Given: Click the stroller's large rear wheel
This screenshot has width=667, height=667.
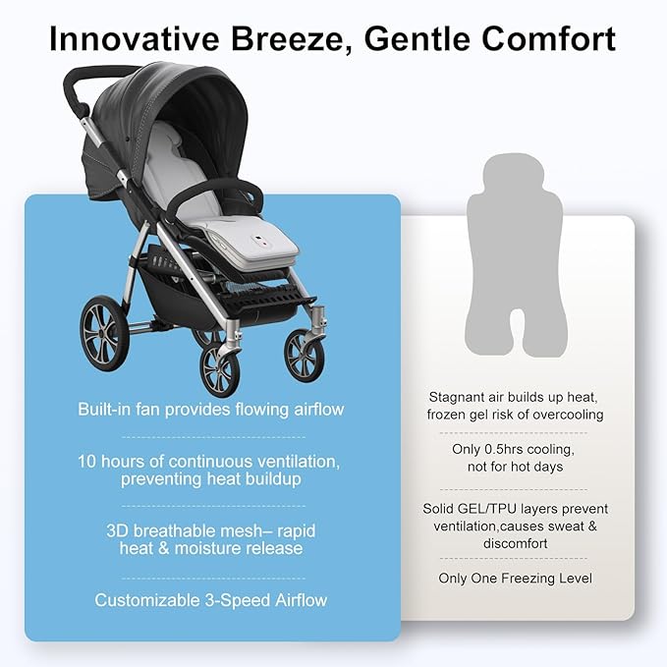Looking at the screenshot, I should [x=103, y=334].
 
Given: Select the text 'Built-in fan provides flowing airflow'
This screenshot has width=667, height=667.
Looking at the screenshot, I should [x=211, y=409].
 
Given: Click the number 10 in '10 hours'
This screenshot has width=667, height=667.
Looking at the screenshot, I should [x=88, y=461].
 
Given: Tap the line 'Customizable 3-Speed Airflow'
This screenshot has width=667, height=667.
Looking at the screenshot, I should [x=211, y=599].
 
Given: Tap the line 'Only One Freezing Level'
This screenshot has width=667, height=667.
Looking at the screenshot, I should [x=516, y=579].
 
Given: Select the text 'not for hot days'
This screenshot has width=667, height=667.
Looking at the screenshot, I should [x=516, y=467].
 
